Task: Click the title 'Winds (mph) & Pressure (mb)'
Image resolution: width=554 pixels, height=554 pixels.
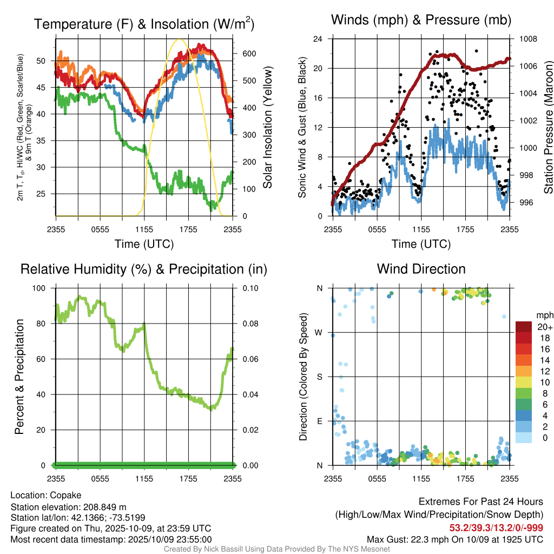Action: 421,21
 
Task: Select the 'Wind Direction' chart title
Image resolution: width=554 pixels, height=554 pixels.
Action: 421,269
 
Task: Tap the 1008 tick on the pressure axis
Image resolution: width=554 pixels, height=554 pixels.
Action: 527,39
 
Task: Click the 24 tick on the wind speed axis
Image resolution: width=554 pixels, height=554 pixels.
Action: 318,39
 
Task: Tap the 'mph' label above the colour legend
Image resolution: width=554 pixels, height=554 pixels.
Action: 544,315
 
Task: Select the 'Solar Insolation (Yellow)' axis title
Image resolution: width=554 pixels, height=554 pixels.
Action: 267,128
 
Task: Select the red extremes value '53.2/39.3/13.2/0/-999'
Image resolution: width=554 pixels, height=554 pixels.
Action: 496,528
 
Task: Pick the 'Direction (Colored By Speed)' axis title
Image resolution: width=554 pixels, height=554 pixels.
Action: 304,377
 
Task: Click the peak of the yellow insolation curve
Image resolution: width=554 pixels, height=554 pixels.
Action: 180,39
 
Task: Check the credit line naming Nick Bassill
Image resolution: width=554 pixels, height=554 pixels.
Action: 276,549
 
